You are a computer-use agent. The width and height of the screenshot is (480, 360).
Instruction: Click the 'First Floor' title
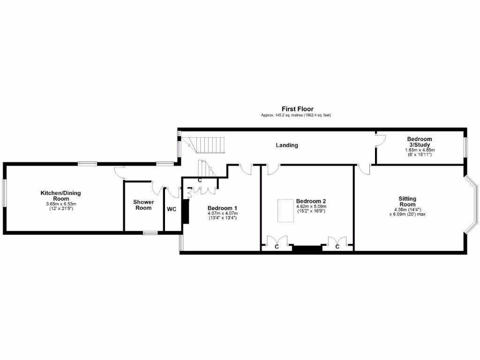coord(297,109)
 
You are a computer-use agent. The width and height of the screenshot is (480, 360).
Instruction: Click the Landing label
coord(286,145)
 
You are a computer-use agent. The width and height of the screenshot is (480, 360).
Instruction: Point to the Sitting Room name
coord(407,202)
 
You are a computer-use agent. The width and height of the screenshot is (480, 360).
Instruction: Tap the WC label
coord(172,209)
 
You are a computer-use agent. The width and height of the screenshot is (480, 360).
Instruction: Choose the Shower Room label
coord(143,205)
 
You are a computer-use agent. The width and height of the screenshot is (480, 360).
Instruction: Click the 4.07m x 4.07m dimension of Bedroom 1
coord(223,213)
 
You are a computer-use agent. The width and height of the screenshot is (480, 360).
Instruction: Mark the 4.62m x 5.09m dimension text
coord(311,206)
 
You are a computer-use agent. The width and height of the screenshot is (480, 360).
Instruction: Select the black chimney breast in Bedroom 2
coord(307,248)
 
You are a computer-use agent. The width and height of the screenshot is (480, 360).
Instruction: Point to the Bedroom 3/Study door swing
coord(380,140)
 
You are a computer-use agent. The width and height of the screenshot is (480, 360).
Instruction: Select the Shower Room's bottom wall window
coord(150,232)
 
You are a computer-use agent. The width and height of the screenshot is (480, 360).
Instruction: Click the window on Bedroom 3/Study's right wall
coord(465,147)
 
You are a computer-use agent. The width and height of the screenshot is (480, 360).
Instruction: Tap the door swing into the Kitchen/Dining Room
coord(120,172)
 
